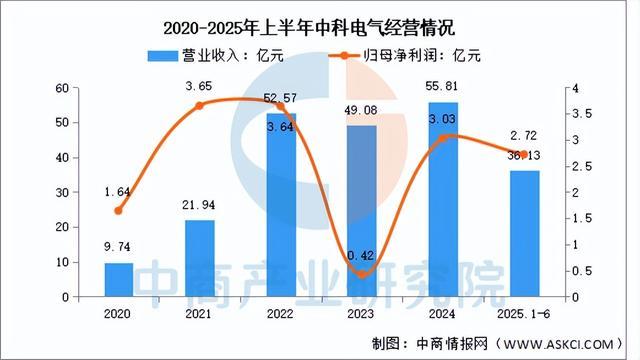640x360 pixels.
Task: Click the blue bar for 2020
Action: [x=119, y=280]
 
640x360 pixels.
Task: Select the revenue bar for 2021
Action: [x=200, y=259]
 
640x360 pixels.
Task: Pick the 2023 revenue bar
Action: [x=362, y=211]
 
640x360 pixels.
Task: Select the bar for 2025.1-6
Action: [x=524, y=234]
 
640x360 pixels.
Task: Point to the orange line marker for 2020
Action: [x=119, y=211]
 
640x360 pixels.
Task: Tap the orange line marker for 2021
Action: [x=200, y=105]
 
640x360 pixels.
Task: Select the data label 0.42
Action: [x=362, y=256]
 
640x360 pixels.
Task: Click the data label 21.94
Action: [x=200, y=206]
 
